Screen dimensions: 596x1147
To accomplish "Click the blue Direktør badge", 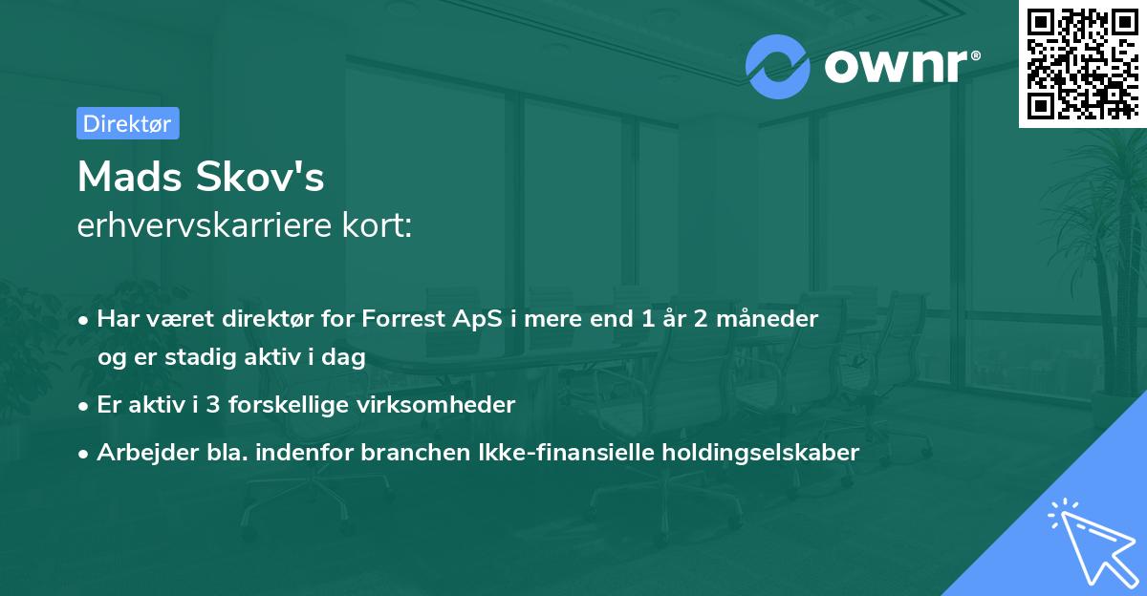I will point(127,123).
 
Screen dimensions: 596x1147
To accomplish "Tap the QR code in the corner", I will point(1081,62).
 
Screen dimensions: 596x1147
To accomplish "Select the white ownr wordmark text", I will point(902,66).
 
